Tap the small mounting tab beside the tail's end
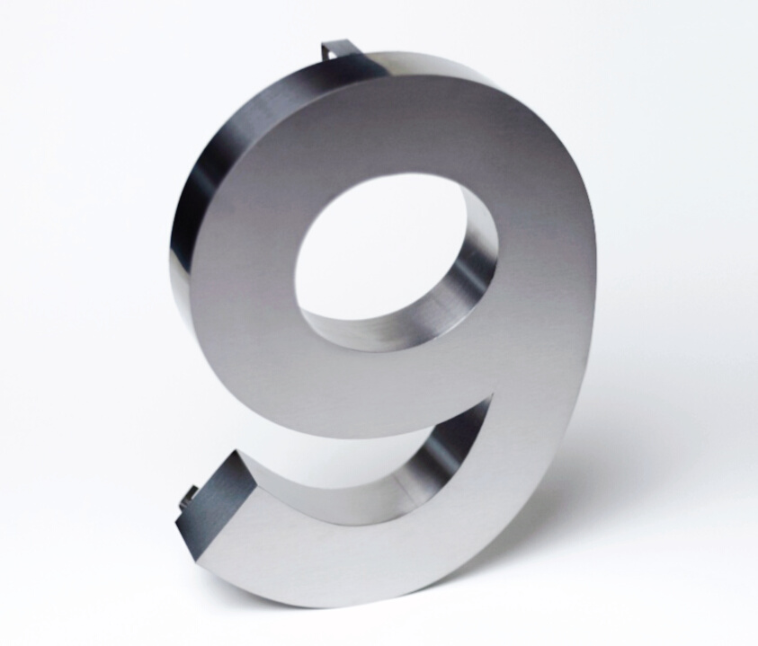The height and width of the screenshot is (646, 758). (x=189, y=495)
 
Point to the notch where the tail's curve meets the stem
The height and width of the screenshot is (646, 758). (x=492, y=395)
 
